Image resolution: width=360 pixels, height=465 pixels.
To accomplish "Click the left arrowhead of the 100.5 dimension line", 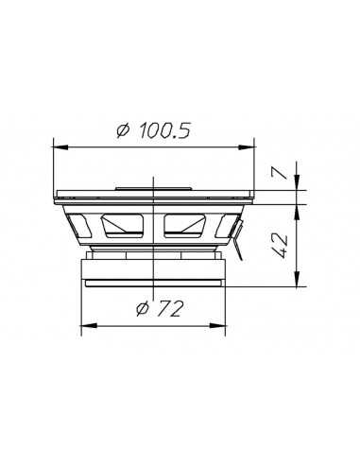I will [59, 146].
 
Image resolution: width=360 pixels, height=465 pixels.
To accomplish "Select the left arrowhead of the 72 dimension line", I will [87, 324].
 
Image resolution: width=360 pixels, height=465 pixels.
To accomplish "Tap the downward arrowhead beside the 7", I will [298, 183].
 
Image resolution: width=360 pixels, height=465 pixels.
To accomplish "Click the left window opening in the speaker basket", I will [122, 225].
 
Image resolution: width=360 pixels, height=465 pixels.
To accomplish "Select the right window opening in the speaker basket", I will [190, 225].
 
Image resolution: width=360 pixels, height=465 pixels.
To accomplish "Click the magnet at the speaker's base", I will [155, 270].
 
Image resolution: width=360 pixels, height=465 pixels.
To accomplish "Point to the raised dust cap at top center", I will [155, 188].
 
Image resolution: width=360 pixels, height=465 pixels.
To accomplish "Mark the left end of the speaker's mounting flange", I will [57, 195].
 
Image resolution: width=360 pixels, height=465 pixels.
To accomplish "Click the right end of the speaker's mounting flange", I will [254, 195].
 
